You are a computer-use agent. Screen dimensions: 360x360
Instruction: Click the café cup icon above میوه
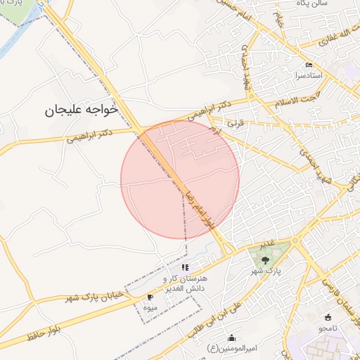tap(150, 297)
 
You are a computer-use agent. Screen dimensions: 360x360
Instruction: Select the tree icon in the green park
tap(265, 260)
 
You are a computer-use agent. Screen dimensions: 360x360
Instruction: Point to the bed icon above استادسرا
tap(308, 65)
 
